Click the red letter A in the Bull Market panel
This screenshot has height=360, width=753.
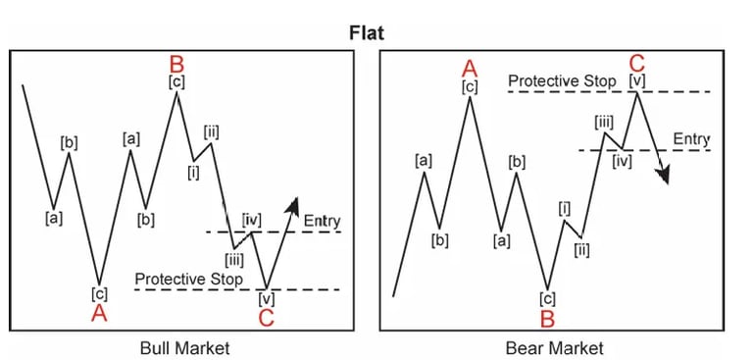(99, 313)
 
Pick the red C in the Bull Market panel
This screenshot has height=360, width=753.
(268, 317)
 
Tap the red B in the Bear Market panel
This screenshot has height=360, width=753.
(548, 318)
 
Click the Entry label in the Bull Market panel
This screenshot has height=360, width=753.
(322, 221)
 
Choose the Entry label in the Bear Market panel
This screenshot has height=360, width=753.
(692, 140)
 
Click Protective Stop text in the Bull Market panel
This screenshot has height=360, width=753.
(188, 280)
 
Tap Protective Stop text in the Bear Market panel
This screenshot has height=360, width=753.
(562, 80)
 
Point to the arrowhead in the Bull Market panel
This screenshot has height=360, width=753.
(293, 203)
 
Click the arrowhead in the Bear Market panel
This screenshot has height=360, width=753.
(666, 177)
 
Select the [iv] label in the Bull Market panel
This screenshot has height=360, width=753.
(252, 219)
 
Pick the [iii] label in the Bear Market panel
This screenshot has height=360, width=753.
(604, 121)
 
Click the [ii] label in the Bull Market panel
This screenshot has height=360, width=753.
(212, 131)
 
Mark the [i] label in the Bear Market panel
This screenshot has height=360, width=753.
(565, 207)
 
